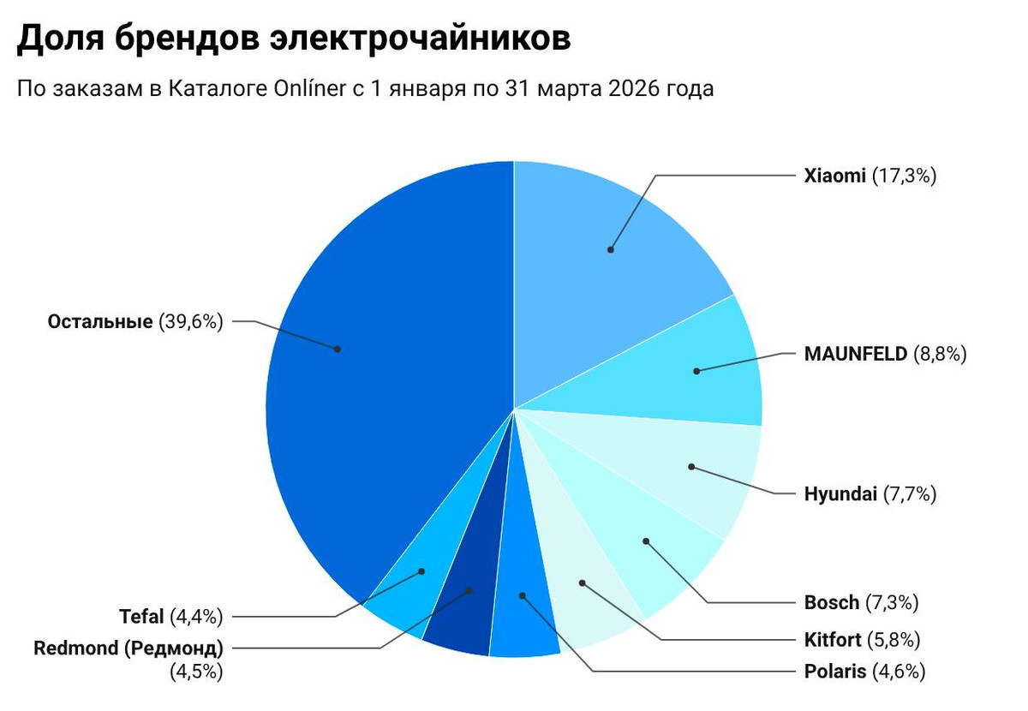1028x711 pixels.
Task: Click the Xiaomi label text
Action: click(834, 176)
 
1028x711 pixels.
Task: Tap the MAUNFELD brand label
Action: click(855, 354)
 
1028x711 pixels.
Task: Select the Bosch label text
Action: click(831, 602)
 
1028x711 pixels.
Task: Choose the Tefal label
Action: click(141, 616)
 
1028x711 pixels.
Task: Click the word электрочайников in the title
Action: click(433, 39)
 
